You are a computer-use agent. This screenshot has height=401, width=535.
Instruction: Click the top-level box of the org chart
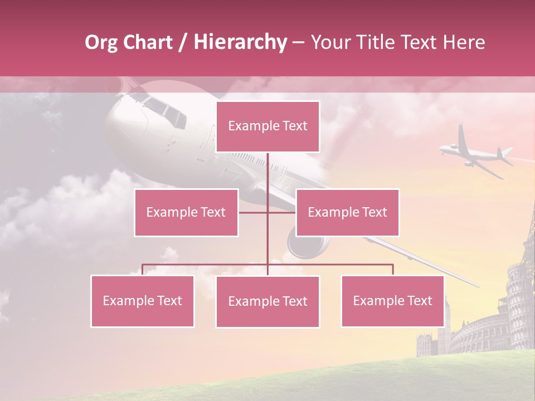click(267, 126)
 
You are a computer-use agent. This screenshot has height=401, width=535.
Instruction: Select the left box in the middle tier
click(186, 212)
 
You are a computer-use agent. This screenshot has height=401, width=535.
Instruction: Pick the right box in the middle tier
click(347, 212)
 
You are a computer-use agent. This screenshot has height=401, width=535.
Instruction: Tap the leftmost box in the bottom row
click(142, 301)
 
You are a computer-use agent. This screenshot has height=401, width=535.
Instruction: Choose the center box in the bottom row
click(267, 301)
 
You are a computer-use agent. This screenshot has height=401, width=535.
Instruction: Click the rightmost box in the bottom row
click(392, 301)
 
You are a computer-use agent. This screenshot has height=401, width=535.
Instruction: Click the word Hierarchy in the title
click(240, 42)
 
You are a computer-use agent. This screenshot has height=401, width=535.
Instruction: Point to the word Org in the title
click(101, 42)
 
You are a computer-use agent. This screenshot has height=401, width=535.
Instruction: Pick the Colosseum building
click(479, 334)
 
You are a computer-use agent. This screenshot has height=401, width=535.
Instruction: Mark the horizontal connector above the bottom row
click(267, 265)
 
